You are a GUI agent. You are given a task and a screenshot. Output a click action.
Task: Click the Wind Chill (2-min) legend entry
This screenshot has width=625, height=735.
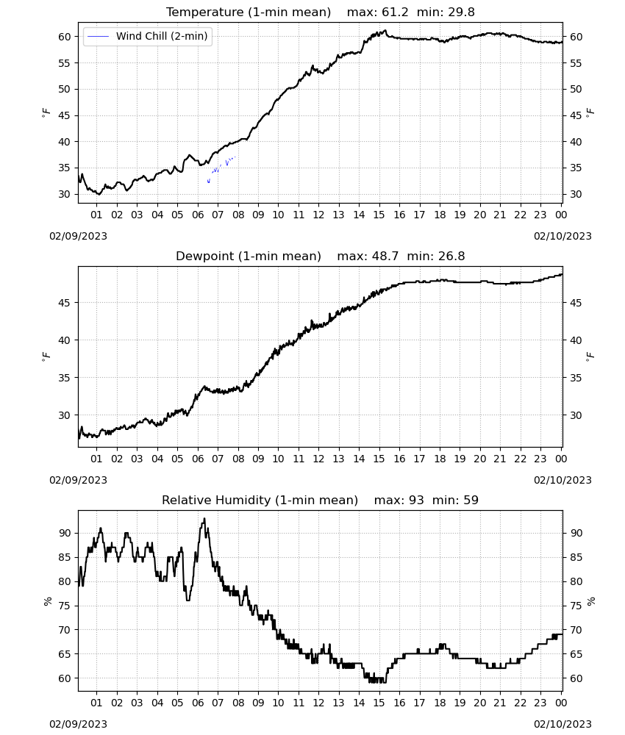pyautogui.click(x=148, y=36)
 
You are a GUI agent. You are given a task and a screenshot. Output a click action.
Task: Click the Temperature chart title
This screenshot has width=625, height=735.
pyautogui.click(x=249, y=12)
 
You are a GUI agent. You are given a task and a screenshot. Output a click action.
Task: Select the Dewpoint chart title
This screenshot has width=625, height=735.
pyautogui.click(x=249, y=256)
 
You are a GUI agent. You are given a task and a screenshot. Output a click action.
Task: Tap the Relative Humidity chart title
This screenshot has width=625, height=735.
pyautogui.click(x=260, y=500)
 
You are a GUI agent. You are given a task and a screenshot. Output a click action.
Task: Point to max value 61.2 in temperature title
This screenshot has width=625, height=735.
pyautogui.click(x=395, y=12)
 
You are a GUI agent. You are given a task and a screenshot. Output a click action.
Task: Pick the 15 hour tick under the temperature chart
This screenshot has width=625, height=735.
pyautogui.click(x=379, y=215)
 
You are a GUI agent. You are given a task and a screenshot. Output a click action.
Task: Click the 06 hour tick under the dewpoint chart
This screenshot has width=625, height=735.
pyautogui.click(x=198, y=459)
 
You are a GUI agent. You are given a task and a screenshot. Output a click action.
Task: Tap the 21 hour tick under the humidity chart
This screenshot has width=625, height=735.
pyautogui.click(x=500, y=703)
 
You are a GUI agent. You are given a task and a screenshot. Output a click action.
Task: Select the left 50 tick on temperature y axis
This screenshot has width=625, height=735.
pyautogui.click(x=64, y=89)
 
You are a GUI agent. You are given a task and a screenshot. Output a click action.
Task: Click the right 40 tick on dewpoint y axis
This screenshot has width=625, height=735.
pyautogui.click(x=576, y=340)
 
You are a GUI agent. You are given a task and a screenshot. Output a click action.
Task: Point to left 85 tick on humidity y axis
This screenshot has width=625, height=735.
pyautogui.click(x=64, y=557)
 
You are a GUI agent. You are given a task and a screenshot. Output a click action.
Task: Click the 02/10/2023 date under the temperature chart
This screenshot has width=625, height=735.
pyautogui.click(x=562, y=236)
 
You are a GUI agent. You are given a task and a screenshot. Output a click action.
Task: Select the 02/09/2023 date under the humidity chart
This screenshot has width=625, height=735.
pyautogui.click(x=78, y=724)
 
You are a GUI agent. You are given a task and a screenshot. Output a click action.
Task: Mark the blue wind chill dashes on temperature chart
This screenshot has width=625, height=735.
pyautogui.click(x=221, y=169)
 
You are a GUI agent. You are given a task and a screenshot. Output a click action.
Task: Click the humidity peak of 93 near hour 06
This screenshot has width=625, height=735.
pyautogui.click(x=204, y=519)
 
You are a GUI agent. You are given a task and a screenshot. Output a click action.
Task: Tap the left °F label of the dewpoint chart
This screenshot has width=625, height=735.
pyautogui.click(x=46, y=357)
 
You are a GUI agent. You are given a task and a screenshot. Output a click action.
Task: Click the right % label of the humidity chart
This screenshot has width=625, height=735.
pyautogui.click(x=590, y=601)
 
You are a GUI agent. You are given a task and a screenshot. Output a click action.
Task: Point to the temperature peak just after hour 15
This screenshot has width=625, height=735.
pyautogui.click(x=385, y=30)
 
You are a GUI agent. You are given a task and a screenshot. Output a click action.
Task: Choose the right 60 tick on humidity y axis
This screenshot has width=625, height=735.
pyautogui.click(x=576, y=678)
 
